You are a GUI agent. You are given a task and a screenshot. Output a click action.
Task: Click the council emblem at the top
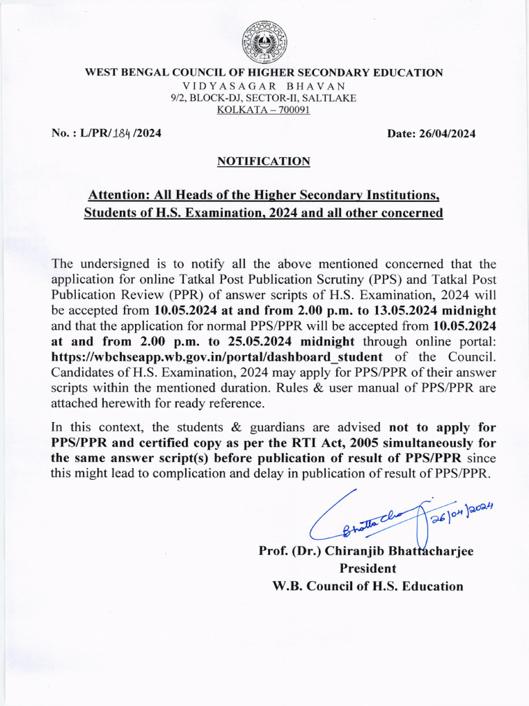264,43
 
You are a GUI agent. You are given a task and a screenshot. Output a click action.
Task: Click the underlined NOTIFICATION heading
264,161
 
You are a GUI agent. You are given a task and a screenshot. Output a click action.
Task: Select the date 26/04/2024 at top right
446,134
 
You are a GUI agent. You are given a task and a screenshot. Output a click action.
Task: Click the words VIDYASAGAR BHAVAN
264,85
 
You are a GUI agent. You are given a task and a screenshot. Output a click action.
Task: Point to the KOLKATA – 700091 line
264,110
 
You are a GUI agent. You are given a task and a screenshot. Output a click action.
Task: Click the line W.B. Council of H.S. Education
369,587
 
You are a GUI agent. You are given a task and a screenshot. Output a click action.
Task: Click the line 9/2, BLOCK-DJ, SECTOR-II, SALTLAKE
264,98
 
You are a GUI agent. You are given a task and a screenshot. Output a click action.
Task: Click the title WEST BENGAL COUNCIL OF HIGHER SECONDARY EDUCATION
264,72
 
